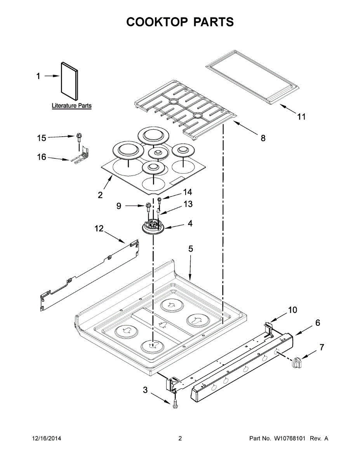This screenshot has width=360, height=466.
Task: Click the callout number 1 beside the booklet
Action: [x=38, y=77]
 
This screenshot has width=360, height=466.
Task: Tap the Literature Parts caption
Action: [x=72, y=106]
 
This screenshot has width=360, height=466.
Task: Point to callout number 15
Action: [x=41, y=138]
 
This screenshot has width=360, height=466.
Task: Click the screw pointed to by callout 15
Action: [x=80, y=136]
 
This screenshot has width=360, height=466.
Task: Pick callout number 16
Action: [x=41, y=157]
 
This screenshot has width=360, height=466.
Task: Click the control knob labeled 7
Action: [x=297, y=362]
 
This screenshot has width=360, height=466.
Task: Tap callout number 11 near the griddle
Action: [x=301, y=116]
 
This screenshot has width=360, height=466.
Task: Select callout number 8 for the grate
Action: [x=263, y=138]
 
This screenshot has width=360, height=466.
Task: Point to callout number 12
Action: [x=99, y=229]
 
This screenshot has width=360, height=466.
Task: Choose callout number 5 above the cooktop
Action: [x=191, y=249]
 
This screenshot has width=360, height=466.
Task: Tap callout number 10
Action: [x=292, y=310]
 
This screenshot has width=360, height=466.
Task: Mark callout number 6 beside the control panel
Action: [x=317, y=323]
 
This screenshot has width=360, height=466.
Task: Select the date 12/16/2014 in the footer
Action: [x=46, y=438]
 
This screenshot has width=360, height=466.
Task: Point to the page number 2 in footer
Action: [x=180, y=438]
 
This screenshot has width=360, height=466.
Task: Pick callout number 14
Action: [x=188, y=192]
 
